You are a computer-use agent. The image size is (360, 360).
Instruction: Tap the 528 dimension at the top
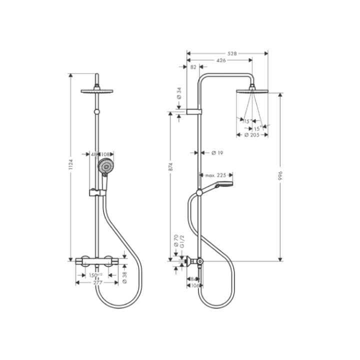[x=231, y=52]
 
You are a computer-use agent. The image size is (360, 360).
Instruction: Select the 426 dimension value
[x=221, y=60]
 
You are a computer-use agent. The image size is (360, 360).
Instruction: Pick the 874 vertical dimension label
[x=171, y=167]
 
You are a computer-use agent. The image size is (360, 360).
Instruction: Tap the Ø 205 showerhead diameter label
[x=251, y=135]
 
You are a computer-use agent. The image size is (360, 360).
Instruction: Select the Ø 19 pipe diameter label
[x=216, y=153]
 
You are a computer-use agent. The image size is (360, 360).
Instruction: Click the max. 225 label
[x=216, y=175]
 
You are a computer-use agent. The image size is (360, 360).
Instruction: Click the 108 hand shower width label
[x=105, y=154]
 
